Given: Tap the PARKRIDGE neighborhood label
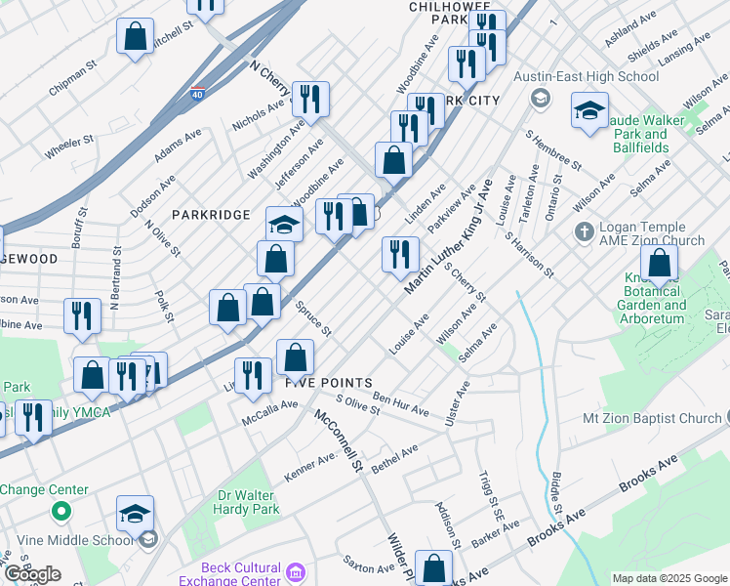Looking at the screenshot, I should coord(211,213).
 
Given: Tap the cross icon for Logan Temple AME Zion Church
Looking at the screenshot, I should coord(584,231).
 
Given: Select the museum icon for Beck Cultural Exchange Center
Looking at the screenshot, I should coord(297,569).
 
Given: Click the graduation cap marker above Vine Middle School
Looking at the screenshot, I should coord(135,513).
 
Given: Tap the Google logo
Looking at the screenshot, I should coord(32,574).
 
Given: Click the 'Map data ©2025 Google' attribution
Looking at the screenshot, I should coord(669,578).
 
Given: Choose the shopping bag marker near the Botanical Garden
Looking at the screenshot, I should coord(660,264).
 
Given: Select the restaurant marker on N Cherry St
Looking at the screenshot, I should coord(310,99).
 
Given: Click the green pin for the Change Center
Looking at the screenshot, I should coord(61,510).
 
